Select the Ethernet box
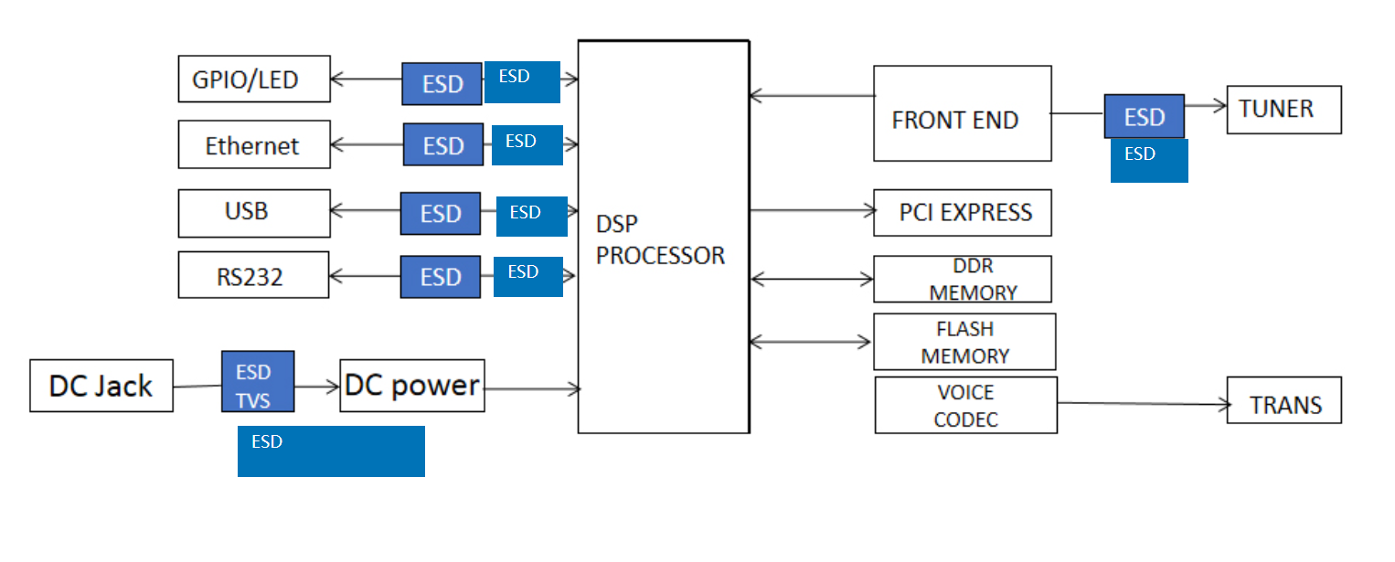click(253, 145)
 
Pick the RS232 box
click(253, 275)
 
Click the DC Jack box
click(101, 386)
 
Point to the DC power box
click(411, 386)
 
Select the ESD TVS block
click(257, 382)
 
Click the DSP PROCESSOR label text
click(660, 241)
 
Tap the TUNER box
click(1283, 110)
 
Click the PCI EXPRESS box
click(962, 213)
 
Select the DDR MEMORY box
click(962, 279)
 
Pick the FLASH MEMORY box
click(964, 342)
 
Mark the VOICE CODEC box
click(965, 405)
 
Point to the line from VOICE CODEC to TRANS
click(1143, 403)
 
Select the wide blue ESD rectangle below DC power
click(331, 451)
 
